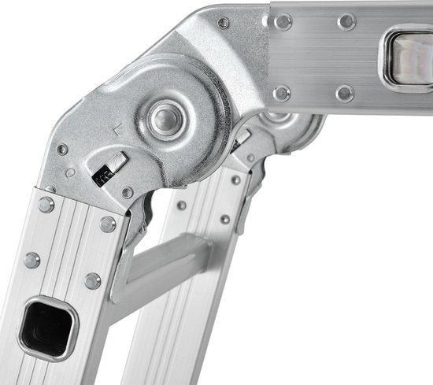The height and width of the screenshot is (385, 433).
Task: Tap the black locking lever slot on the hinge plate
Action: click(x=108, y=172)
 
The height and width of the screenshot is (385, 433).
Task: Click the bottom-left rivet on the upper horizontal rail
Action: click(x=282, y=93)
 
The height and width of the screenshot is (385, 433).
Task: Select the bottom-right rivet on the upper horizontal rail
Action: click(x=344, y=94)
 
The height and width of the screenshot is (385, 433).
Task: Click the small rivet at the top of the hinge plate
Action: click(x=223, y=23)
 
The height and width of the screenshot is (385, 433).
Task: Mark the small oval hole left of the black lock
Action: click(x=71, y=172)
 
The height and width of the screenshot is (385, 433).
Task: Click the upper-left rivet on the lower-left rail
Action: click(x=45, y=204)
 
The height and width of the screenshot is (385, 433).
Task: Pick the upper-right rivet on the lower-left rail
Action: click(x=107, y=224)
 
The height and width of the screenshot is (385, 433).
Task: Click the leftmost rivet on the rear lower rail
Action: click(x=182, y=205)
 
